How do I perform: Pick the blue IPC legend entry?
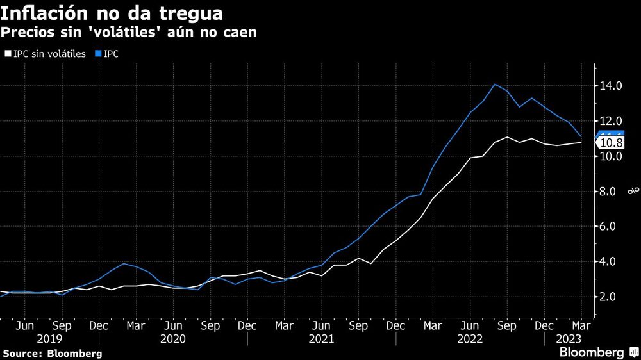110,54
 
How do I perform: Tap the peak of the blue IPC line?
495,85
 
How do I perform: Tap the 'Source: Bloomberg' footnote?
52,353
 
